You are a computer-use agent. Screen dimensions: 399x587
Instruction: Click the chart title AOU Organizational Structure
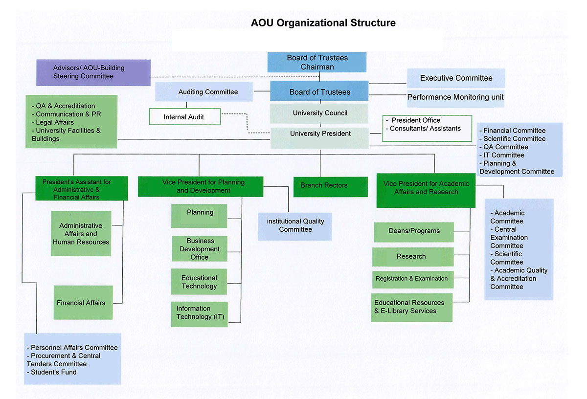point(323,23)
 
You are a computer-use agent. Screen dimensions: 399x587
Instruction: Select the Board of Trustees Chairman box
point(317,62)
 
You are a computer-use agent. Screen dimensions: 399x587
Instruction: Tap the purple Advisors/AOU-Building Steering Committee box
point(93,72)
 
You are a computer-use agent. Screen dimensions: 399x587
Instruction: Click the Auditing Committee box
point(208,92)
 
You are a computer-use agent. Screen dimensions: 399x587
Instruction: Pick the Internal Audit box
point(184,117)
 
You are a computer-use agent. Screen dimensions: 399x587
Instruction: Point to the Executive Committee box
point(456,78)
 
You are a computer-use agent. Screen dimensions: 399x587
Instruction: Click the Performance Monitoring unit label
point(455,97)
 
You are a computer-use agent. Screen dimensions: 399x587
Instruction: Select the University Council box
point(320,113)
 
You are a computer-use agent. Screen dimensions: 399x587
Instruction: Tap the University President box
point(320,134)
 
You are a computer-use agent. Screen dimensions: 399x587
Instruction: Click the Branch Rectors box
point(324,186)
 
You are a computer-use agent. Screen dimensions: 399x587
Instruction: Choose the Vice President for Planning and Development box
point(201,186)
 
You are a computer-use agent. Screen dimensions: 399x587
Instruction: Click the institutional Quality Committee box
point(295,225)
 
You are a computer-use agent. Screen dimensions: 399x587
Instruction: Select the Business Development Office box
point(199,249)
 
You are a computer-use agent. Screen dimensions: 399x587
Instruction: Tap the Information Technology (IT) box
point(199,313)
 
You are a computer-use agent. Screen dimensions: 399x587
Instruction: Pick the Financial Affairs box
point(81,303)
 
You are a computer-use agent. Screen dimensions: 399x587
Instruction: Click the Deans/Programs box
point(414,231)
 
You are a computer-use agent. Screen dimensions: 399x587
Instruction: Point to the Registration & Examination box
point(412,279)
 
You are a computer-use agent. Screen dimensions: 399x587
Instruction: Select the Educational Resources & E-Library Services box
point(411,307)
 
